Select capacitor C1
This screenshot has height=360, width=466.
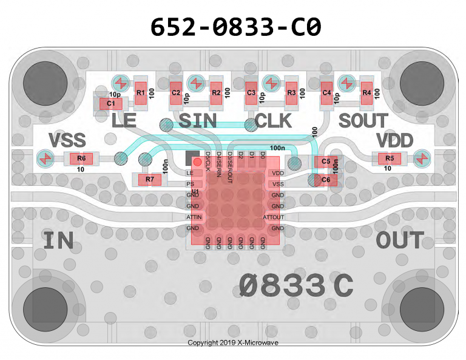coord(111,104)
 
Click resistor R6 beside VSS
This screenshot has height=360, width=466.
coord(81,160)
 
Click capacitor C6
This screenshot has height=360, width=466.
coord(325,180)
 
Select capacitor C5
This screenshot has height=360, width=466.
coord(325,161)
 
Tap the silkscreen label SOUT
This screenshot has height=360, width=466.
coord(363,121)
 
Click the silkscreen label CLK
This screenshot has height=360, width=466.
coord(273,121)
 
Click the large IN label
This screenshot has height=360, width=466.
coord(58,241)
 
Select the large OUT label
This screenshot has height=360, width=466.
coord(399,240)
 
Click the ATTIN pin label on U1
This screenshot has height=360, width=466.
coord(194,217)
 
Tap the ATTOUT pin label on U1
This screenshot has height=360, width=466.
coord(273,217)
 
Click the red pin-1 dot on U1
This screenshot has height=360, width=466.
coord(197,163)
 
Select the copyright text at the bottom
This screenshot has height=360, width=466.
coord(233,343)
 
